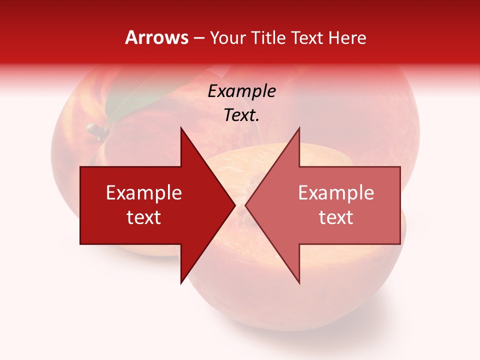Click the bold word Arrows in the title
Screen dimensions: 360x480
click(157, 38)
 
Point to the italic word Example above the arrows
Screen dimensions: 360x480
click(241, 91)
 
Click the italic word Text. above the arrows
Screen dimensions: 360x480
click(241, 115)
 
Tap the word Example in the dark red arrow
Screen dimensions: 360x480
click(144, 193)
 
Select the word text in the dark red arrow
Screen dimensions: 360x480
click(144, 217)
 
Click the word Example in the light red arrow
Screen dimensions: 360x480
click(336, 193)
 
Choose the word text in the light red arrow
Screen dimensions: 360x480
click(336, 217)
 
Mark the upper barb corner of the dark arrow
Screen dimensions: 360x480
click(181, 128)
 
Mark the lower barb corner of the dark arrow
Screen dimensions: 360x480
click(181, 282)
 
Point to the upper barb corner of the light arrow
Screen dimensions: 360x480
click(299, 128)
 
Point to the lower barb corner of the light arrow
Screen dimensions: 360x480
click(299, 282)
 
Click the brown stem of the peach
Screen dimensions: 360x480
click(97, 130)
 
